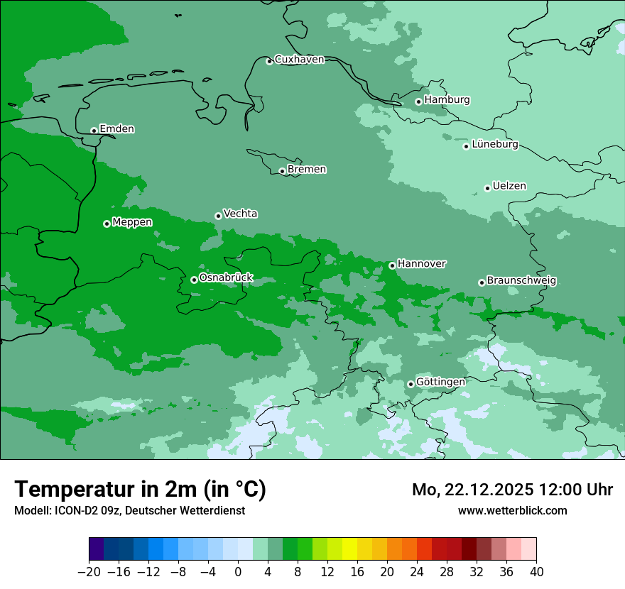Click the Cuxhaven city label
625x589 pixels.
point(299,60)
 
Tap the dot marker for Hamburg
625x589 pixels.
point(418,101)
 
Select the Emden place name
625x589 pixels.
point(116,129)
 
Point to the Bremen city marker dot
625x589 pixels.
point(282,171)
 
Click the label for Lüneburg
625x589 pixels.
point(494,145)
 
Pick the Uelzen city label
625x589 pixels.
point(509,187)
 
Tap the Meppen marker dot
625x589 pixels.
point(107,224)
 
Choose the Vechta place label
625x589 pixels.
point(240,214)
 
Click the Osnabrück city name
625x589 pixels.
point(226,278)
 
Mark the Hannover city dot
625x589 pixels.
point(392,265)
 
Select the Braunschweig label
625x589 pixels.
point(521,281)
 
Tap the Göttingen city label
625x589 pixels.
point(440,382)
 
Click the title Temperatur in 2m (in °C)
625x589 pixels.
point(140,490)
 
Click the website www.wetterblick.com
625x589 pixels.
point(512,510)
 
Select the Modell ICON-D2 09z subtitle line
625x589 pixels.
point(129,510)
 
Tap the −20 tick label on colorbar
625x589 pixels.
point(89,572)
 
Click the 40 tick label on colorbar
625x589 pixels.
point(536,572)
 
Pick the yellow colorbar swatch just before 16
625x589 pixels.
point(349,549)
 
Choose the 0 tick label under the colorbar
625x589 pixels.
point(238,572)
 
